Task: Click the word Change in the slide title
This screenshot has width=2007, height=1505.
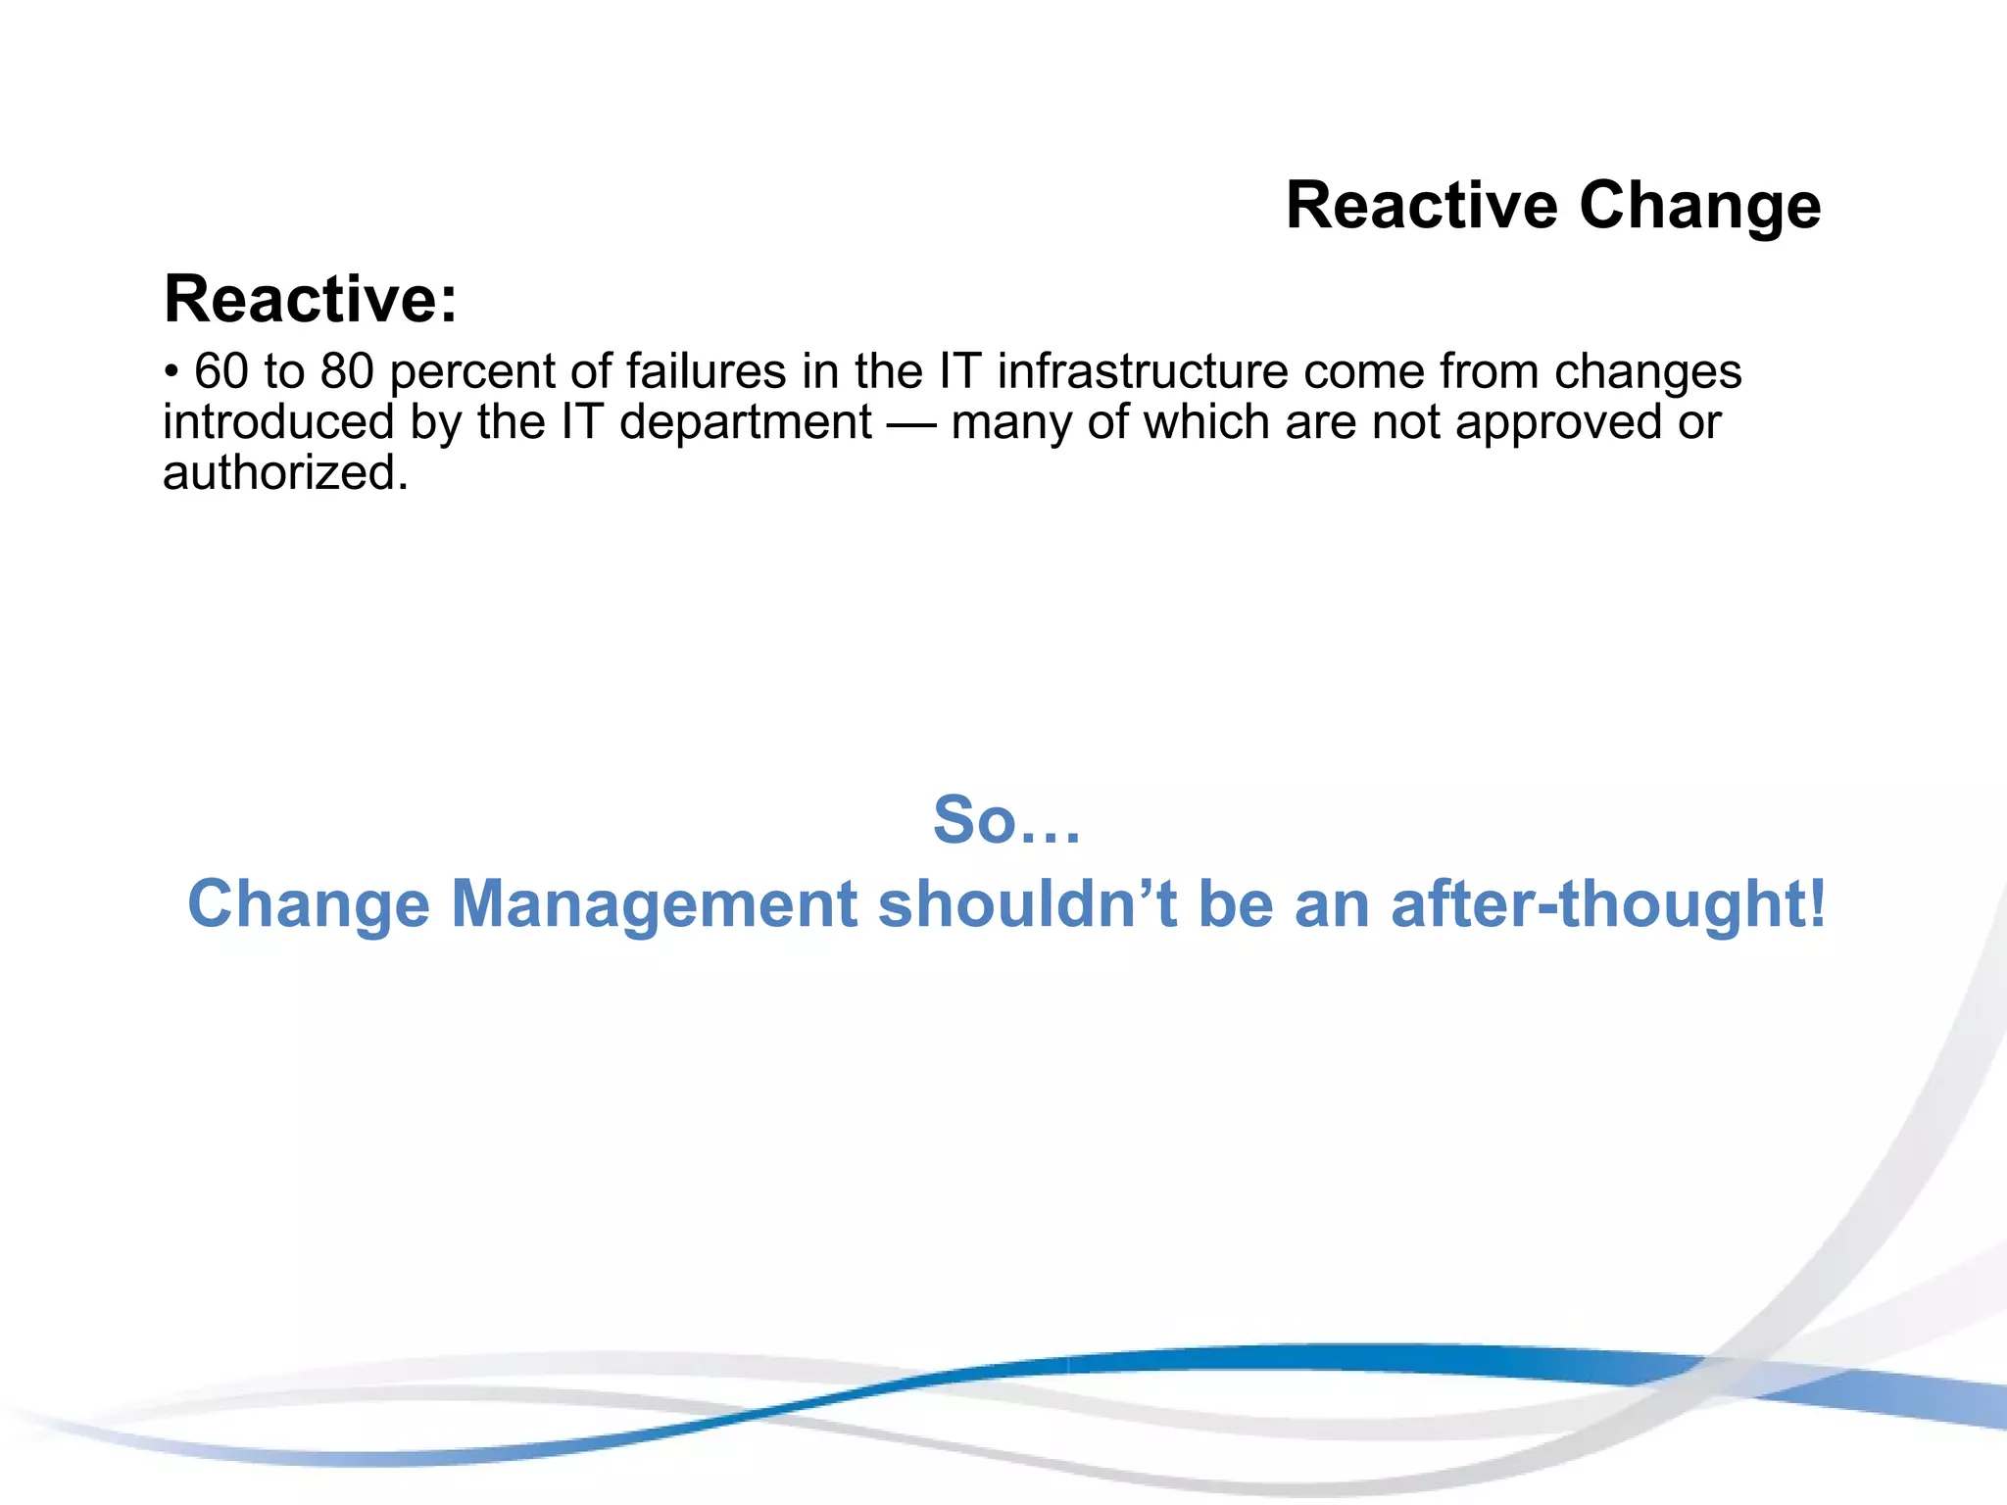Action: point(1699,207)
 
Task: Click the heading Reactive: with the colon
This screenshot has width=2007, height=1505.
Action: point(311,299)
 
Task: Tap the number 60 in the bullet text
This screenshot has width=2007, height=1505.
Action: point(221,371)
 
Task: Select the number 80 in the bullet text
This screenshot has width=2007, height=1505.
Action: point(348,371)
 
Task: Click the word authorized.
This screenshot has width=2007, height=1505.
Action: point(285,473)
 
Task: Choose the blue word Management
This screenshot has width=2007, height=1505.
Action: point(654,903)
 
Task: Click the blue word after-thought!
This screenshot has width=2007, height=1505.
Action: point(1608,903)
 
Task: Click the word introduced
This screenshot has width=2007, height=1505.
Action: point(278,422)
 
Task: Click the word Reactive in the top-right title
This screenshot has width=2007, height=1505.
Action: point(1421,207)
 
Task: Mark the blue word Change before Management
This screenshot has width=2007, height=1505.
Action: point(309,903)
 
